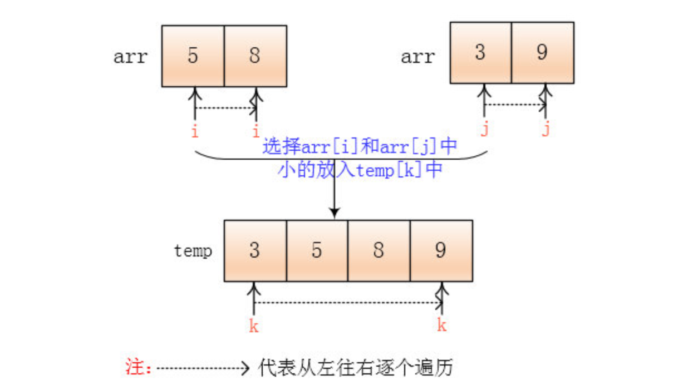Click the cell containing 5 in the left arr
click(x=193, y=56)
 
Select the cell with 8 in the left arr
click(x=255, y=56)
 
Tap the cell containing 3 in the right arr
click(x=480, y=53)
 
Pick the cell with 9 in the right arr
click(x=542, y=53)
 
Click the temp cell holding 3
click(x=255, y=250)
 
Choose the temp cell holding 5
click(x=317, y=250)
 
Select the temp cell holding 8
click(x=379, y=250)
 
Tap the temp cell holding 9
click(x=441, y=250)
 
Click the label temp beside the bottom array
click(x=193, y=251)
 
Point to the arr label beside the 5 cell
click(x=130, y=57)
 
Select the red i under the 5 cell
click(x=194, y=132)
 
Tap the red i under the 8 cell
click(x=256, y=132)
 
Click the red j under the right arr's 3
click(x=484, y=130)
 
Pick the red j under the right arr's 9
click(x=546, y=130)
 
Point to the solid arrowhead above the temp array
click(x=334, y=213)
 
